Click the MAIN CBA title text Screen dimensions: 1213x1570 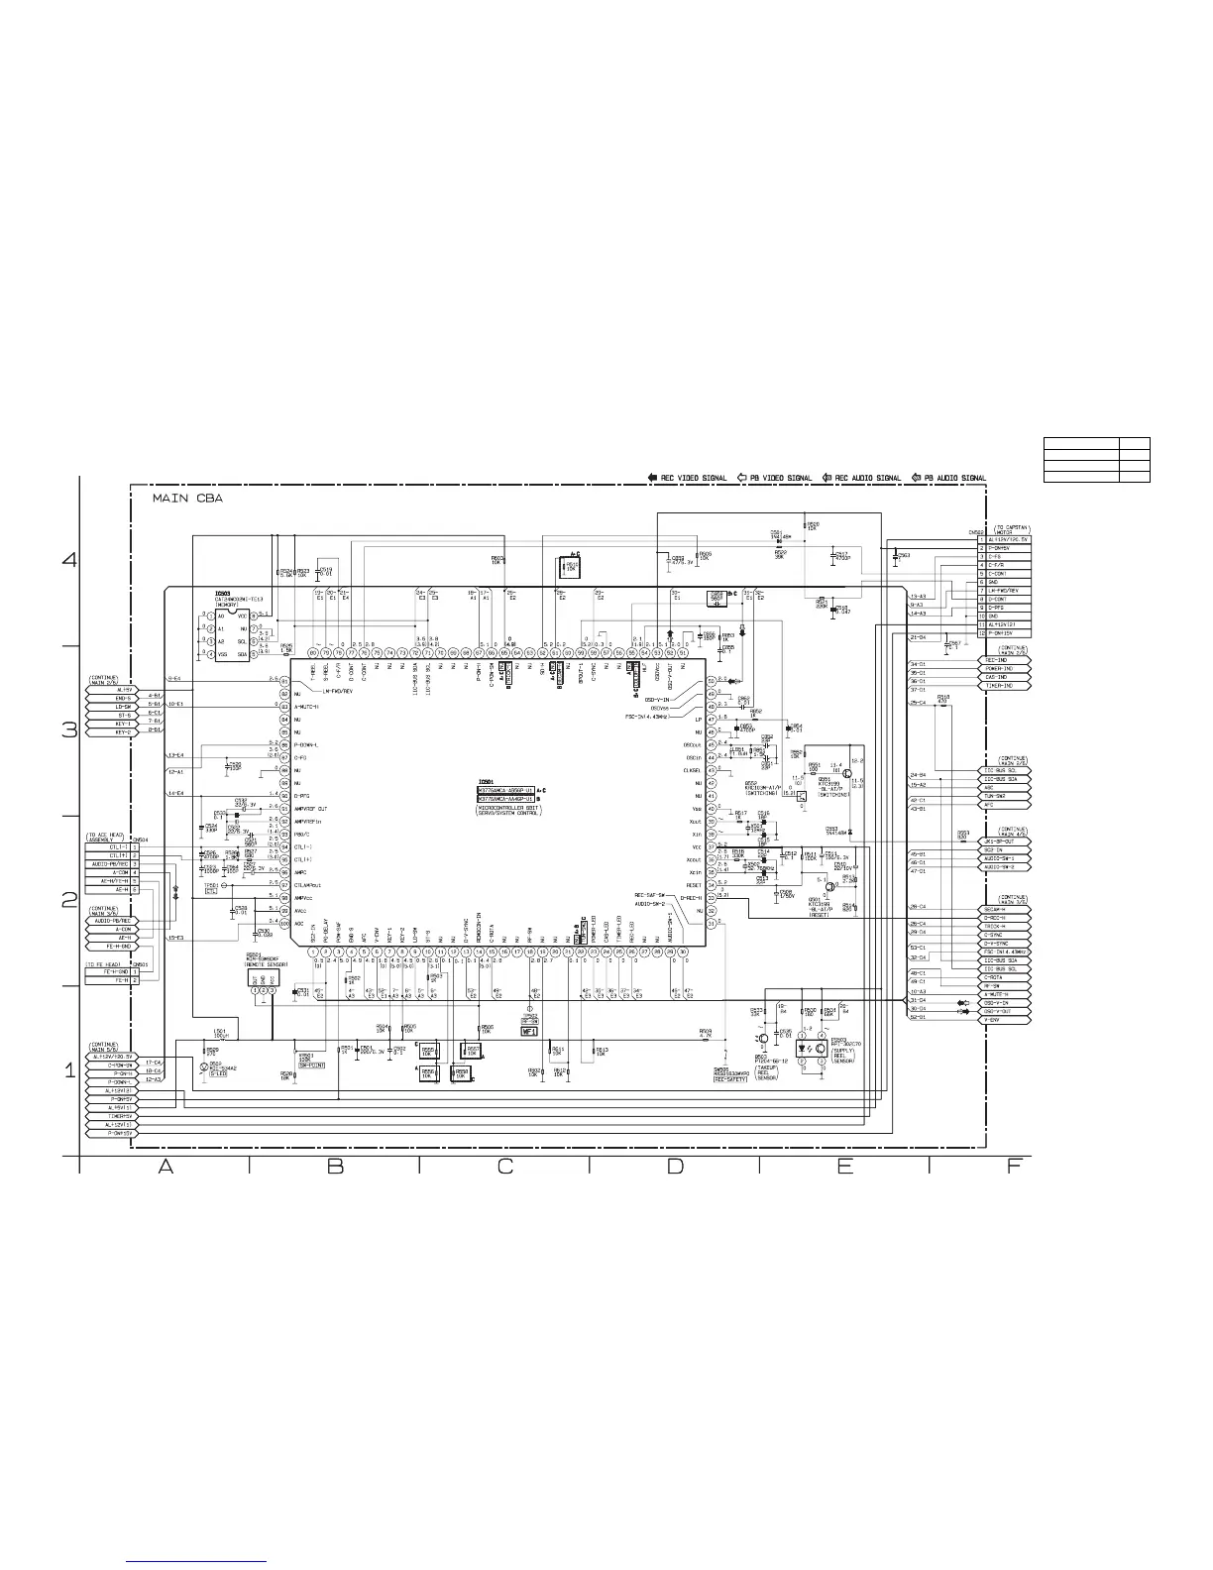pos(188,500)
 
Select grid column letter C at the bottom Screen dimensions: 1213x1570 pos(504,1167)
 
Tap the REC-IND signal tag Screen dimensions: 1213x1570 pos(1006,660)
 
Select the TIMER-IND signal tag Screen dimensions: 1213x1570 pos(1006,686)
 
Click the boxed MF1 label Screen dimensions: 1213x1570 pos(528,1031)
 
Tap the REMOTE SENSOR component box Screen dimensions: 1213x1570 pos(263,977)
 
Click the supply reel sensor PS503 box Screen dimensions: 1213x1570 pos(814,1050)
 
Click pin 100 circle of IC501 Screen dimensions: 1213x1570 pos(284,924)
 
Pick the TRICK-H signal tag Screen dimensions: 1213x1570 pos(1006,926)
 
